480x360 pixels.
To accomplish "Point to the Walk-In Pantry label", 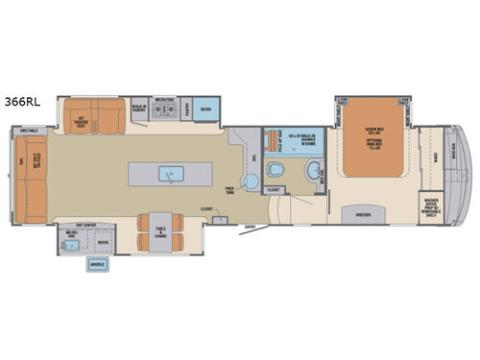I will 138,108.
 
